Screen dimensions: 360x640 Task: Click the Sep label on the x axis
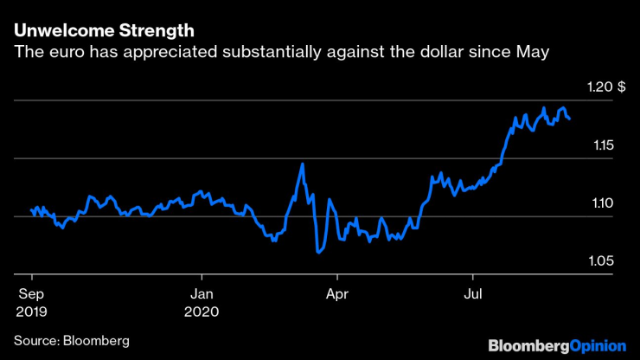pos(31,293)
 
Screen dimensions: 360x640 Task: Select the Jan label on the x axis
pos(202,293)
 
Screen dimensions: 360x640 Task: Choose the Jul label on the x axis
pos(474,293)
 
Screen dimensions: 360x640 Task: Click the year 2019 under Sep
pos(31,311)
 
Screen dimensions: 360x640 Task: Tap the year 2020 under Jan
pos(202,311)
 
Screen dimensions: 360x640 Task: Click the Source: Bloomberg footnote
pos(71,341)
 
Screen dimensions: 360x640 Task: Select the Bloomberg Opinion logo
pos(556,345)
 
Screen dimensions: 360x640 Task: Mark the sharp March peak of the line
pos(302,164)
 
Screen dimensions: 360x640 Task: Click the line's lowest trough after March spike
pos(319,253)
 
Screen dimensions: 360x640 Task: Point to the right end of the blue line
pos(569,119)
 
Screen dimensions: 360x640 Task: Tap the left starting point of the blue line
pos(31,209)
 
